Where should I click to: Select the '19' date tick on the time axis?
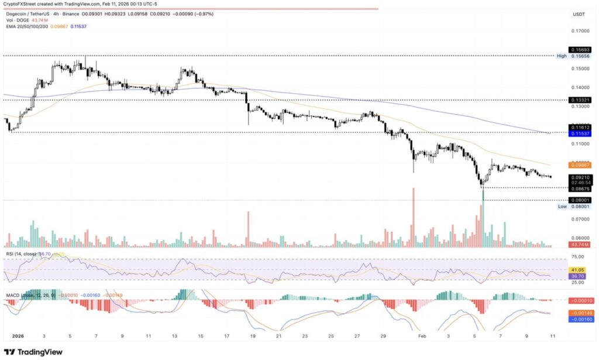click(x=252, y=337)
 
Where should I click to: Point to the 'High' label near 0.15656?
click(x=561, y=56)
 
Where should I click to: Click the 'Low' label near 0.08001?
click(x=562, y=207)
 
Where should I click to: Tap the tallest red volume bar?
click(x=413, y=217)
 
